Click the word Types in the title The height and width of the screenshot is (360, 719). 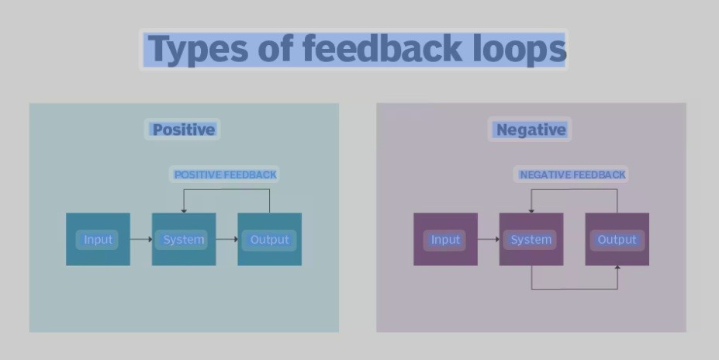[x=198, y=50]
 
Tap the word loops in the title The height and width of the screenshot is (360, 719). [x=520, y=48]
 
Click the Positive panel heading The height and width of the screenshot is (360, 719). [x=183, y=130]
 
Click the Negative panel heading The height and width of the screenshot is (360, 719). [x=531, y=130]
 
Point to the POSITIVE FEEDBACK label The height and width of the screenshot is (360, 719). [x=225, y=175]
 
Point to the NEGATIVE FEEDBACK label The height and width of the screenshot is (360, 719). [x=572, y=175]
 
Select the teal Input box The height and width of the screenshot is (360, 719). [x=99, y=239]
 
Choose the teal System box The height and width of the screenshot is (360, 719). [x=184, y=239]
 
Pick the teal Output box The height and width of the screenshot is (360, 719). [x=270, y=239]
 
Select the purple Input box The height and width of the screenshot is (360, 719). [x=446, y=239]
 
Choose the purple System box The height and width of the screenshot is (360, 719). [x=531, y=239]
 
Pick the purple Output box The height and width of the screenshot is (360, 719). [x=617, y=239]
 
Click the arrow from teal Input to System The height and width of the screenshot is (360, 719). [x=140, y=239]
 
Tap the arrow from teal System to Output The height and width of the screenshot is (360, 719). [x=226, y=239]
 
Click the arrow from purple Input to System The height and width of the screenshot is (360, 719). [x=489, y=239]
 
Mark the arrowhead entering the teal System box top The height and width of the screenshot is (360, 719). [x=184, y=210]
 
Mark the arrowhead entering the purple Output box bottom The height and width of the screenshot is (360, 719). [x=617, y=268]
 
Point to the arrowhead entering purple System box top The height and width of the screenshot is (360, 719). [x=531, y=210]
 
